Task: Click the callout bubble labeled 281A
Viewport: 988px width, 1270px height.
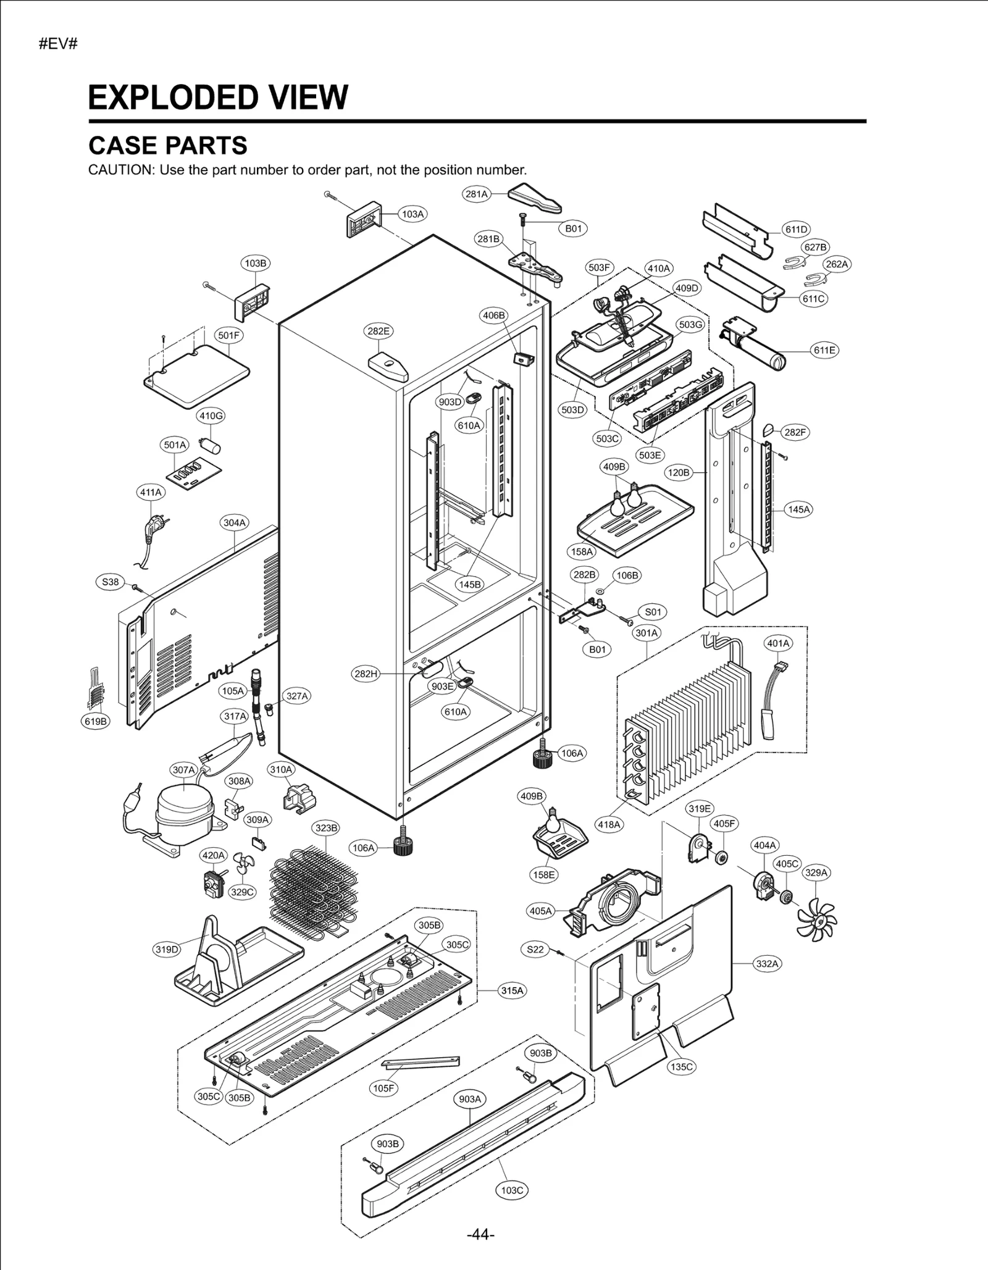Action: [x=476, y=194]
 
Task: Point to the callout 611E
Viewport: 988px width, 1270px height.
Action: [x=824, y=350]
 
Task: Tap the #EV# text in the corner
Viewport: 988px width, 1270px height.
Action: [x=58, y=44]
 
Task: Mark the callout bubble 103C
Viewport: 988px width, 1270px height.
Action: [x=512, y=1190]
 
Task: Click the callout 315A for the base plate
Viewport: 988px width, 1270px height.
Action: [x=512, y=991]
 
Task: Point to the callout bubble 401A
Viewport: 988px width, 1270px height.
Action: [x=778, y=643]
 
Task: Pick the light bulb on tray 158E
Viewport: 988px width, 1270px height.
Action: [x=554, y=822]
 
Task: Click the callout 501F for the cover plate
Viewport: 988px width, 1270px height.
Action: [x=228, y=335]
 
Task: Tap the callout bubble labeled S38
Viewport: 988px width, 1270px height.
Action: [x=111, y=582]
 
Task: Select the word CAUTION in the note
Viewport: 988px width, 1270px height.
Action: [x=120, y=170]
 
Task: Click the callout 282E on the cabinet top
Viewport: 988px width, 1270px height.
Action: [x=379, y=331]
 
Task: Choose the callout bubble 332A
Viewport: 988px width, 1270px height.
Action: [x=767, y=964]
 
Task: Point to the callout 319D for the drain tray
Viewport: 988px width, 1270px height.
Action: [x=167, y=950]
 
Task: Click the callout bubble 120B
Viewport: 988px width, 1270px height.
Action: [x=678, y=472]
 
